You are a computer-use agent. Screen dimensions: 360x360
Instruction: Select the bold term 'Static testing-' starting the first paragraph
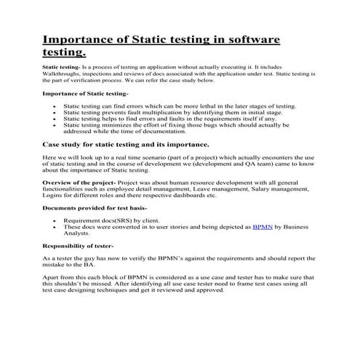[61, 65]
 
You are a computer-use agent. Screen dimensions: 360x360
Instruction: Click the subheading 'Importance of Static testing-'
[85, 94]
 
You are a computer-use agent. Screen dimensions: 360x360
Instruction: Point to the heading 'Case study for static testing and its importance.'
[132, 145]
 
